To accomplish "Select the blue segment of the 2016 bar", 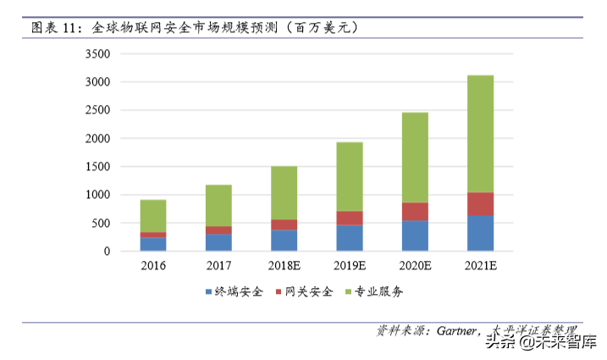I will pyautogui.click(x=153, y=244).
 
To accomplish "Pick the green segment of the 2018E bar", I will pyautogui.click(x=284, y=193).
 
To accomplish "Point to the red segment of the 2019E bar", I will pyautogui.click(x=350, y=218).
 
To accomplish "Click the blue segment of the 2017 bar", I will pyautogui.click(x=218, y=242).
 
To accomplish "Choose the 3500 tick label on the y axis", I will pyautogui.click(x=98, y=54).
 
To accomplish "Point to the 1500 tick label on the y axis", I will pyautogui.click(x=98, y=167).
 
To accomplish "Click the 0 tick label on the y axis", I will pyautogui.click(x=108, y=252).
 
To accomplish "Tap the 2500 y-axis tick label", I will pyautogui.click(x=98, y=111).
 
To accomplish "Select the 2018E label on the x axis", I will pyautogui.click(x=284, y=266).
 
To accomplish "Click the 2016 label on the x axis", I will pyautogui.click(x=153, y=266).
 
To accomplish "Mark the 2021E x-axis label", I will pyautogui.click(x=480, y=266).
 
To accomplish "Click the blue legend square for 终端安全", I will pyautogui.click(x=209, y=292).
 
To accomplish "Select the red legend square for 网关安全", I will pyautogui.click(x=282, y=292).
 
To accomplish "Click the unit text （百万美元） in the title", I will pyautogui.click(x=322, y=27).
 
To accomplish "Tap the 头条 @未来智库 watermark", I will pyautogui.click(x=538, y=343).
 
